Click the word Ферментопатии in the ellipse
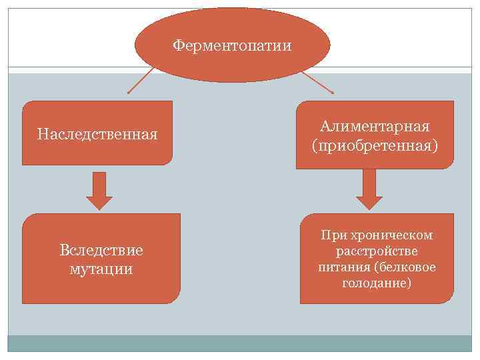(x=232, y=45)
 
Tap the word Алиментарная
(x=375, y=127)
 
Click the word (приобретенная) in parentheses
(x=375, y=145)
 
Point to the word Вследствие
(x=101, y=251)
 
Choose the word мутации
(x=101, y=269)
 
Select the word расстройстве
(x=377, y=251)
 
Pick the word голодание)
(x=377, y=283)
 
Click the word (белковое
(x=405, y=267)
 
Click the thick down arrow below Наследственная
(x=99, y=190)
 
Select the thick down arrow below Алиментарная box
(x=369, y=189)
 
